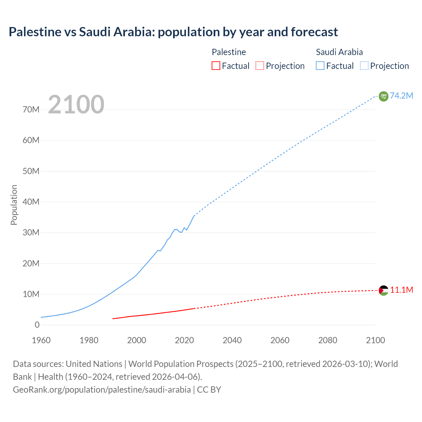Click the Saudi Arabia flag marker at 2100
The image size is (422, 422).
point(383,96)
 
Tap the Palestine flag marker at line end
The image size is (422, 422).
point(383,290)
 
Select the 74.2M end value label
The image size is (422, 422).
point(402,96)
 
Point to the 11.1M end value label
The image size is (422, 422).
point(402,290)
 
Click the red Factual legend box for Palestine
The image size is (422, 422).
point(216,66)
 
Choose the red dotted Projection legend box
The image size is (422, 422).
point(260,66)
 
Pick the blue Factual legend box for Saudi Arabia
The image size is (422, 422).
point(320,66)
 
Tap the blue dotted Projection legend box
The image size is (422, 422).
point(364,66)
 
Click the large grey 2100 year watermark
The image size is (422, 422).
point(76,105)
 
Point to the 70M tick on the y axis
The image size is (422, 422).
point(31,110)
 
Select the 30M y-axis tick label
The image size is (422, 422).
point(31,233)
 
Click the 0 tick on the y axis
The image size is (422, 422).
point(37,325)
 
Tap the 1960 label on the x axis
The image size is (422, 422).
point(41,340)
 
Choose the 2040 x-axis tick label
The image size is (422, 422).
point(232,340)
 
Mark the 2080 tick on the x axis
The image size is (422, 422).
point(328,340)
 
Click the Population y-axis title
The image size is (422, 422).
point(14,205)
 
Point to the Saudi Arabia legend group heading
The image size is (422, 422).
point(339,52)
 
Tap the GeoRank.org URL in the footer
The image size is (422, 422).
point(102,390)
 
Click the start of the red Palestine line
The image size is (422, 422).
point(113,318)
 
